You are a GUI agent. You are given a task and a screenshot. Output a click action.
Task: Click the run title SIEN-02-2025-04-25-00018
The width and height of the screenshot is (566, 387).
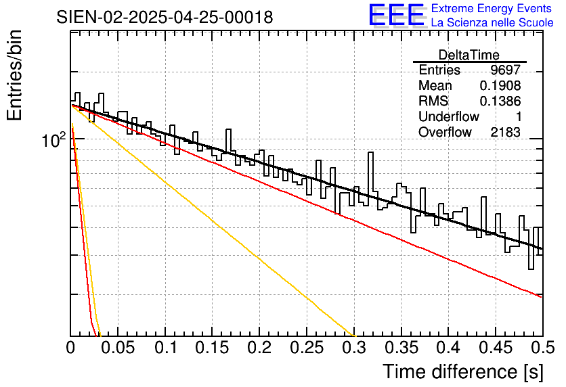point(165,18)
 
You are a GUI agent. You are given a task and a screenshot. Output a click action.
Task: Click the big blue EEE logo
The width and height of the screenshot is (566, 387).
point(397,16)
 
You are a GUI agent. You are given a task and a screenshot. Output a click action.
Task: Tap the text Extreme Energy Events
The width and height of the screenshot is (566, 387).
point(492,8)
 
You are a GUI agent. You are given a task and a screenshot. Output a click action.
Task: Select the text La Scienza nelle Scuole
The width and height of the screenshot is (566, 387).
point(492,22)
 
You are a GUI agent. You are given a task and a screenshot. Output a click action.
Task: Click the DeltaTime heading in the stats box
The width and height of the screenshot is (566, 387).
point(469,55)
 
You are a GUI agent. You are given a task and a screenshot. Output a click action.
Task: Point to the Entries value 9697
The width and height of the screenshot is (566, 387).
point(505,70)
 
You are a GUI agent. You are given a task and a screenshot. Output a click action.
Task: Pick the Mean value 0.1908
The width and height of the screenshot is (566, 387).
point(500,85)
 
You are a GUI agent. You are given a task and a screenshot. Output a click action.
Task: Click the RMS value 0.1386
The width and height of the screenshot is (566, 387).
point(500,101)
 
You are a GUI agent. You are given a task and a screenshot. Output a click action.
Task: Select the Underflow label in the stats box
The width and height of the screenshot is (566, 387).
point(449,116)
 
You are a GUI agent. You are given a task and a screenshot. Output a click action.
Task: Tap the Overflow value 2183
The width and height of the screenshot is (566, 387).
point(505,133)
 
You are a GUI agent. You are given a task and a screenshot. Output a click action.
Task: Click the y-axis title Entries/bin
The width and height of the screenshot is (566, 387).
point(14,75)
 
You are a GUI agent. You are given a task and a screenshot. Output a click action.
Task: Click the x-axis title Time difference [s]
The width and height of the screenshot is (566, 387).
point(463,371)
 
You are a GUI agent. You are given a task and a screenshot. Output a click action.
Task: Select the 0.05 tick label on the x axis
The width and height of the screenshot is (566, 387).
point(118,348)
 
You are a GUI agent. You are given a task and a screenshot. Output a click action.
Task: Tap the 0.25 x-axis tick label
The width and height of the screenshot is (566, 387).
point(307,348)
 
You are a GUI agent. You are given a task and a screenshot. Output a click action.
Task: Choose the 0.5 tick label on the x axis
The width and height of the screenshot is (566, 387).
point(543,348)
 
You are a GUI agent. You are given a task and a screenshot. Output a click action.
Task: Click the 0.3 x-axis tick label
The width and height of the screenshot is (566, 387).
point(354,348)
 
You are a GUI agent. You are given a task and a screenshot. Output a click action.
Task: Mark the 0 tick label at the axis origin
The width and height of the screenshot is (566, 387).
point(70,348)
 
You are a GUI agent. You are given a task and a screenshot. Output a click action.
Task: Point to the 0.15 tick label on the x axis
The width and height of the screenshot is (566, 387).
point(213,348)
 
